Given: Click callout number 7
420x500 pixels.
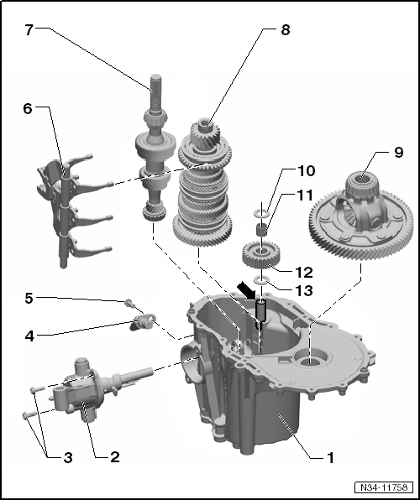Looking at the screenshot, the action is click(29, 29).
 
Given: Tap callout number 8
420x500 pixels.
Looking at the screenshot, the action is click(286, 29).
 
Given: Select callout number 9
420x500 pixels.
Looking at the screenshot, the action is click(399, 153).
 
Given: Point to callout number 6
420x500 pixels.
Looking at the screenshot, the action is click(28, 109).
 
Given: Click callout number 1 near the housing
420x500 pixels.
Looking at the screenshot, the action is click(331, 458).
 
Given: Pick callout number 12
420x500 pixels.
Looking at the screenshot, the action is click(304, 273).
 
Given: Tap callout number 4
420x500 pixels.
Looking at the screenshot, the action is click(29, 336).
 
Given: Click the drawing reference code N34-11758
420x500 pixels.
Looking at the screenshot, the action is click(384, 487).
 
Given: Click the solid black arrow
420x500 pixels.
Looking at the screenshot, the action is click(246, 290).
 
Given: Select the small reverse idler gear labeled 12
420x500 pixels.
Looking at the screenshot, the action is click(261, 255).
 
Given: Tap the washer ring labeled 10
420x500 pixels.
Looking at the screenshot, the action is click(261, 212).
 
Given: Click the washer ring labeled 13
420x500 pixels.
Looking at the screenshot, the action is click(261, 280).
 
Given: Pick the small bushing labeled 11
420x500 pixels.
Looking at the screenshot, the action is click(262, 230).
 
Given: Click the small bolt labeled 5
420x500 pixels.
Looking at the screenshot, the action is click(129, 303).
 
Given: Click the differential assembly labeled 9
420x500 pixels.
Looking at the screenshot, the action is click(361, 216).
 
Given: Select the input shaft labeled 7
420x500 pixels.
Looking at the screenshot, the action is click(155, 148).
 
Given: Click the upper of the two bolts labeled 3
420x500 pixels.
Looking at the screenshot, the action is click(37, 389).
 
